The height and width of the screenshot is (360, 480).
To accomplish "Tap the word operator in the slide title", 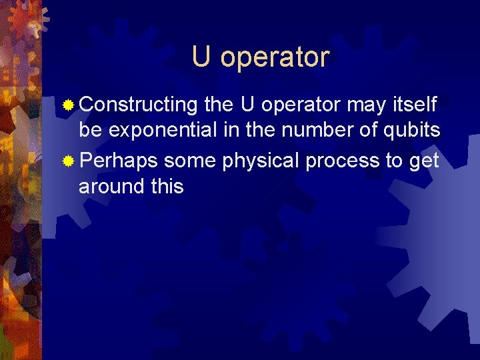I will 275,57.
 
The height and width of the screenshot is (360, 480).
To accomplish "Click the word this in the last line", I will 167,187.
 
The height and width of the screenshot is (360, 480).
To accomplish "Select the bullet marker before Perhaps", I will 68,161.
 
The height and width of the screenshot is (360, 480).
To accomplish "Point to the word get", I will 424,161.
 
